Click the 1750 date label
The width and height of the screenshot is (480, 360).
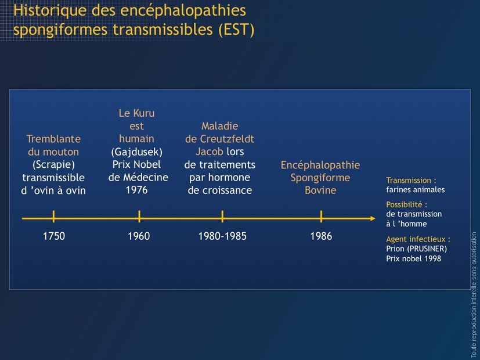coord(54,236)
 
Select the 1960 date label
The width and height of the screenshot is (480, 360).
coord(139,236)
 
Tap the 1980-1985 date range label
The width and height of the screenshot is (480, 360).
coord(222,236)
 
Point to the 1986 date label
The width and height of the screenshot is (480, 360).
coord(321,236)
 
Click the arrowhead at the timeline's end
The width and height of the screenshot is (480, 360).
coord(373,218)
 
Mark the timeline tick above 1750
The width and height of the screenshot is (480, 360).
coord(53,216)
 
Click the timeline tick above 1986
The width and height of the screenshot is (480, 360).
coord(321,216)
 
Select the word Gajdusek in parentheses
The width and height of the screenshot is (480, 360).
coord(137,152)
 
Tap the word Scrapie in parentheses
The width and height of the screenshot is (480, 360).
coord(53,165)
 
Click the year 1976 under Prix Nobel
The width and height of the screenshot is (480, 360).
coord(137,190)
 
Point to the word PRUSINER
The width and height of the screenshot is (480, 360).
coord(427,249)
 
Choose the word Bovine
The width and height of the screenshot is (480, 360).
coord(320,190)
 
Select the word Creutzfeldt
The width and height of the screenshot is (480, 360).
coord(227,139)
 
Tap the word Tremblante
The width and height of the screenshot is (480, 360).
coord(53,139)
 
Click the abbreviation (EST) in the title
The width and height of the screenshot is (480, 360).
coord(236,30)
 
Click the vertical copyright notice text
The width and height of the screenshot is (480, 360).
coord(474,294)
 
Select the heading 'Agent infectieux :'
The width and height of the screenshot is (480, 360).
coord(418,239)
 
